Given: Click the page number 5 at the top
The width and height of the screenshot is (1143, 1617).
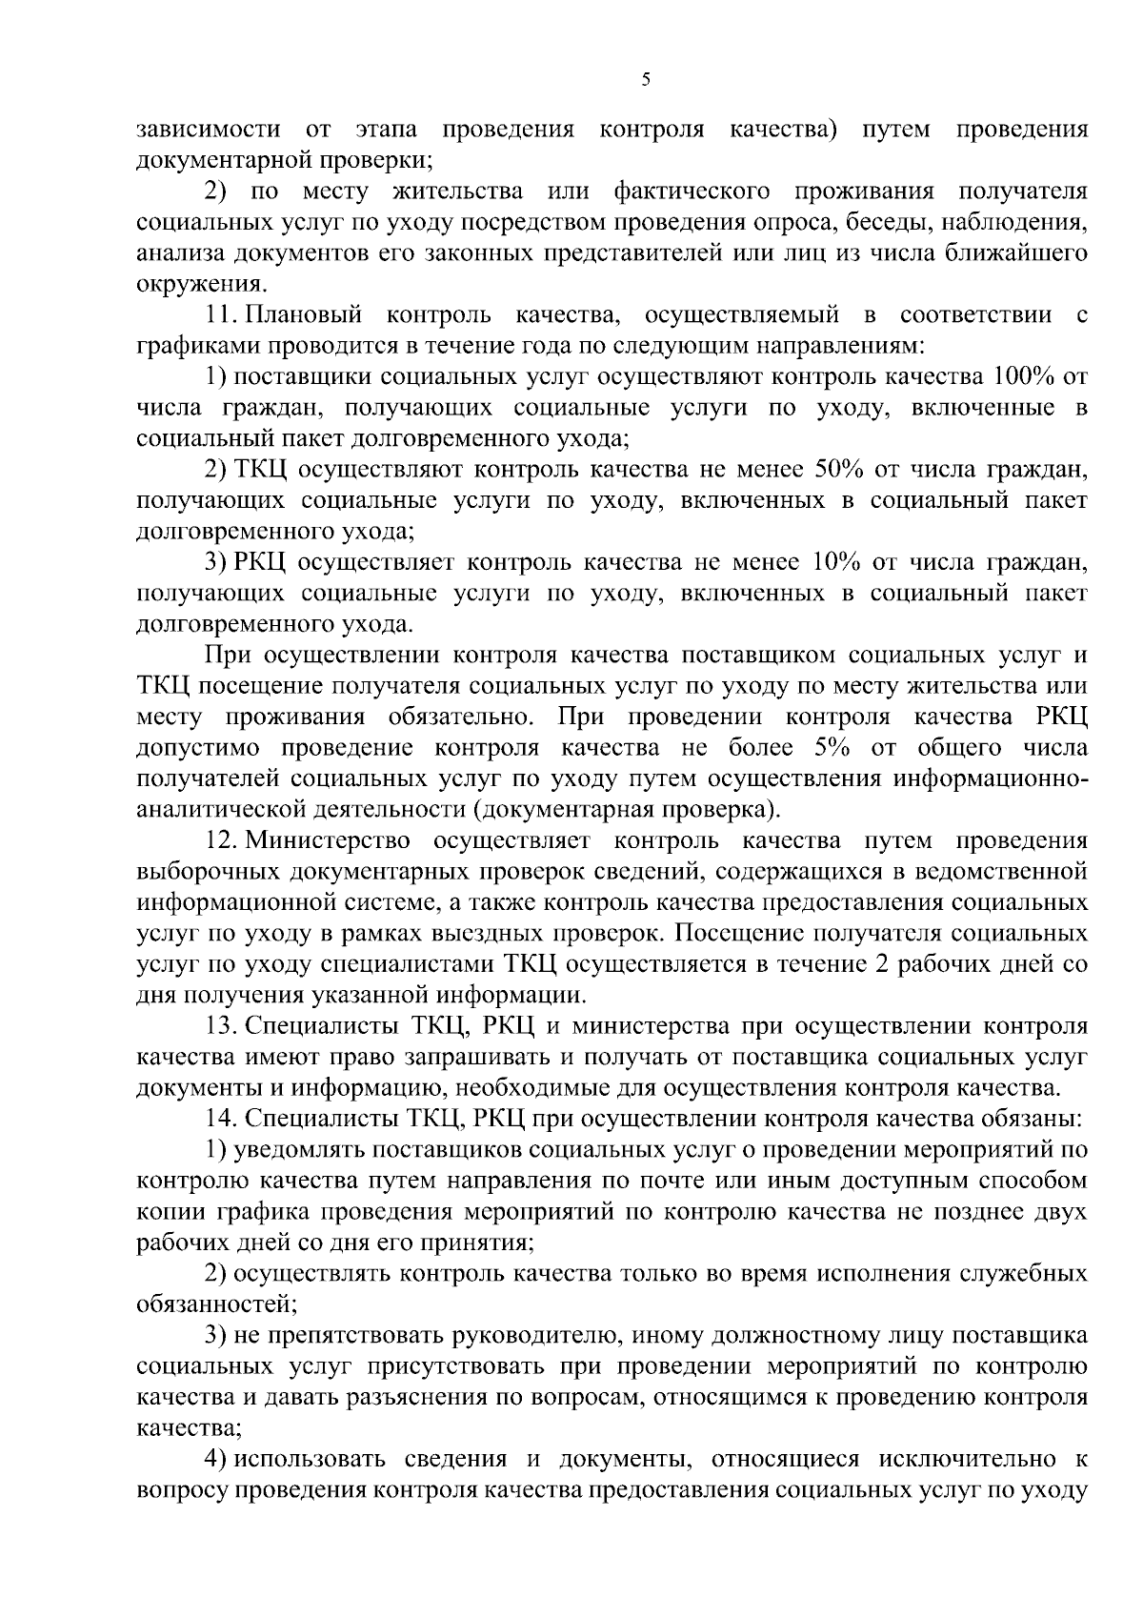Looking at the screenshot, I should [645, 80].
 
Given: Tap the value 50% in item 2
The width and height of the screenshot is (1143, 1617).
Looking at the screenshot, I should [840, 469].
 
